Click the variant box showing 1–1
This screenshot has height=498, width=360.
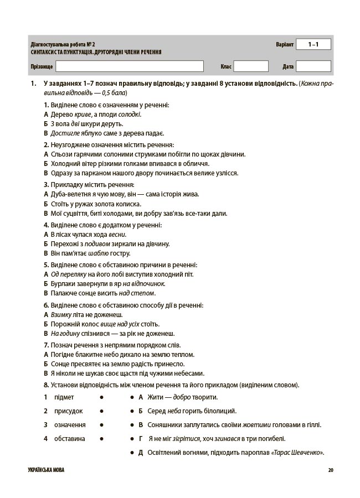click(313, 44)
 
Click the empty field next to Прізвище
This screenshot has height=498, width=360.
click(130, 66)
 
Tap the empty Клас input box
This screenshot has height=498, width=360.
click(251, 66)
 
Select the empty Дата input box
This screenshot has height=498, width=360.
click(313, 66)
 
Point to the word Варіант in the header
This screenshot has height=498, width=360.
click(284, 44)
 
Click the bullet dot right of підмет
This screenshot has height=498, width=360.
click(102, 397)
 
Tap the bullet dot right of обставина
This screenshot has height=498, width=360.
click(102, 439)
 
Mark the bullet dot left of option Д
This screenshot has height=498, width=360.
click(131, 453)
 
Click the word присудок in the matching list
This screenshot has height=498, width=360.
click(68, 411)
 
